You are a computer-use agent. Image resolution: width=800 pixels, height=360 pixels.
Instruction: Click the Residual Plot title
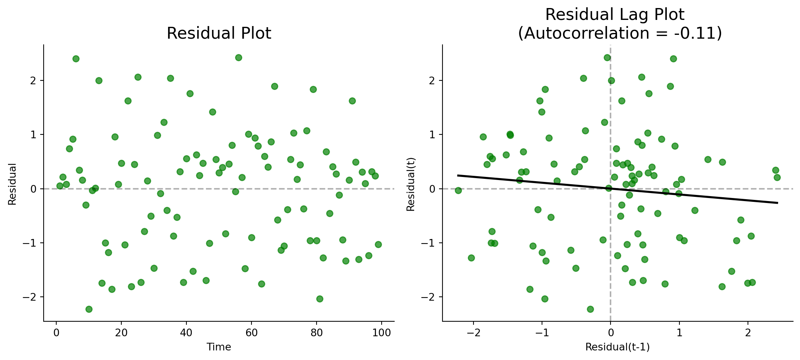pyautogui.click(x=219, y=33)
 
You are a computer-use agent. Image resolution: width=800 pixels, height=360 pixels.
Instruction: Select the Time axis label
pyautogui.click(x=219, y=347)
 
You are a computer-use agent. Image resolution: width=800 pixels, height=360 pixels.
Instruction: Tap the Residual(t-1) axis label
pyautogui.click(x=617, y=347)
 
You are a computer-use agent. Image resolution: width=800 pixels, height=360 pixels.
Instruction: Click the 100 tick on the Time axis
pyautogui.click(x=381, y=333)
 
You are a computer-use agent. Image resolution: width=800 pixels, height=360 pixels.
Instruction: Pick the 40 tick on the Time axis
pyautogui.click(x=186, y=333)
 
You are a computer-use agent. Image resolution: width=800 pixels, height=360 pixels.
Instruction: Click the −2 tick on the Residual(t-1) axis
pyautogui.click(x=473, y=333)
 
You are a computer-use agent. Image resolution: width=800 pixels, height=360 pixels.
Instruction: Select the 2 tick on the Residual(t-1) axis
pyautogui.click(x=748, y=333)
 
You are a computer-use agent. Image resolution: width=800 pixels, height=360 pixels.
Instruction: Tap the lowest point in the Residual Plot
pyautogui.click(x=89, y=309)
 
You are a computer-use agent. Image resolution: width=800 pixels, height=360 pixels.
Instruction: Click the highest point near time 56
pyautogui.click(x=238, y=57)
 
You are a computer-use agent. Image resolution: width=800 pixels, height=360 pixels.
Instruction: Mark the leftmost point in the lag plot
pyautogui.click(x=458, y=190)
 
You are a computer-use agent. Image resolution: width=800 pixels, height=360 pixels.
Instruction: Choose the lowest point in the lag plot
pyautogui.click(x=590, y=309)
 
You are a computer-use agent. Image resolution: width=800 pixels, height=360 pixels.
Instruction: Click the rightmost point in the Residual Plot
pyautogui.click(x=378, y=244)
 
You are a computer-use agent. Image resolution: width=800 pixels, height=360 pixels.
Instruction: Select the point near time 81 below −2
pyautogui.click(x=320, y=299)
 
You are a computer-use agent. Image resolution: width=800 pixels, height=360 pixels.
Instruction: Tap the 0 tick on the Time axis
pyautogui.click(x=56, y=333)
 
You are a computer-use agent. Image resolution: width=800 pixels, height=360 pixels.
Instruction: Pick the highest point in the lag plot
pyautogui.click(x=607, y=57)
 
